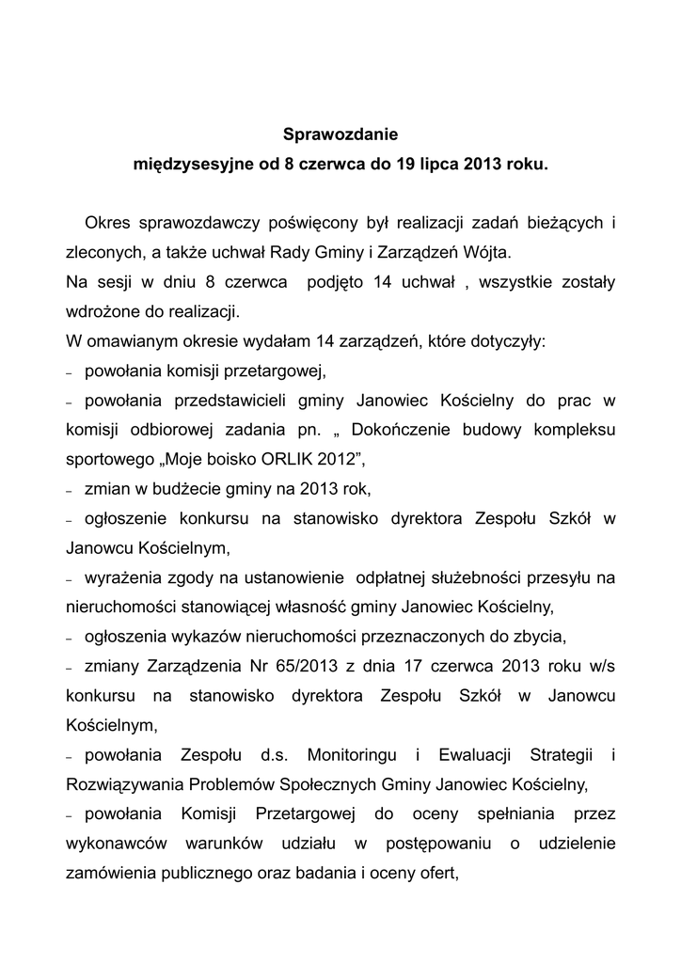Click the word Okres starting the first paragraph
tap(106, 223)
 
